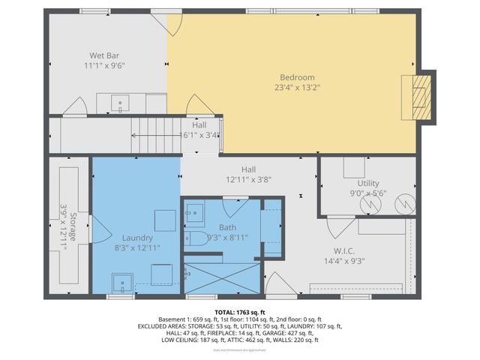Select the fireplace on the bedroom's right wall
click(418, 97)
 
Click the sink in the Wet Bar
click(119, 103)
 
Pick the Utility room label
click(368, 183)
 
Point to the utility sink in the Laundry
click(121, 283)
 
